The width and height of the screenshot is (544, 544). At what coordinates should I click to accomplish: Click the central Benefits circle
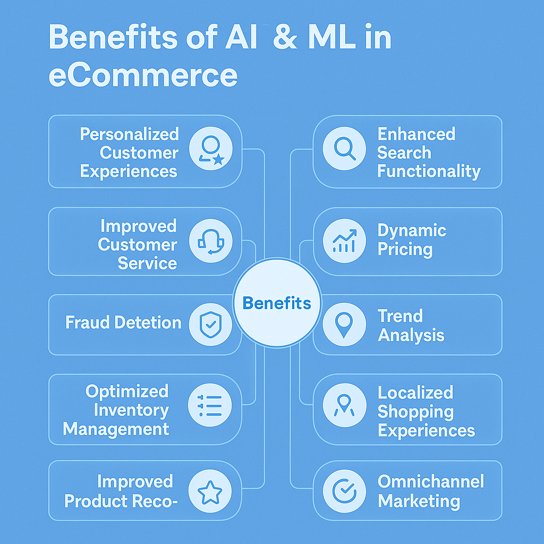277,302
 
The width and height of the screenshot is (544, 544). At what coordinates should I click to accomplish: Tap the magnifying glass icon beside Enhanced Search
344,148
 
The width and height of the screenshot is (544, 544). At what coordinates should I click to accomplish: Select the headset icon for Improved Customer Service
210,241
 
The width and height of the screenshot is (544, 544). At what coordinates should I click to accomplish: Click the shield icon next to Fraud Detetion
210,325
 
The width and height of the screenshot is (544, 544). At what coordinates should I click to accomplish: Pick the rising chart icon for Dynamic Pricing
344,241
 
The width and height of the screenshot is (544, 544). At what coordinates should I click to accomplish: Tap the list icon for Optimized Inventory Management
209,405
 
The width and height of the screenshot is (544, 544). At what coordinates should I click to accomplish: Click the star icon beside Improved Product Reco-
210,491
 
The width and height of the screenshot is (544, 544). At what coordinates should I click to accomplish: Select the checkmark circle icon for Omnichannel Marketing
344,491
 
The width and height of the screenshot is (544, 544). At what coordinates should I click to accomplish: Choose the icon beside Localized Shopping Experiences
344,405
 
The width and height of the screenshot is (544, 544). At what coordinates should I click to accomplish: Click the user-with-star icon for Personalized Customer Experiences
211,149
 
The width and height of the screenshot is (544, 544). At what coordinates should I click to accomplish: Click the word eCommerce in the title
143,74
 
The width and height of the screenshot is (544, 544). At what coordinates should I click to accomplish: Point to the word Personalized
130,134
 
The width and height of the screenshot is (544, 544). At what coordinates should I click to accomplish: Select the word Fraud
88,322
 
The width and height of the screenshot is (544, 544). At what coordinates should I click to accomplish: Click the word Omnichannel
430,481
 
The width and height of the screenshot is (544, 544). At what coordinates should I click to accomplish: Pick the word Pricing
405,249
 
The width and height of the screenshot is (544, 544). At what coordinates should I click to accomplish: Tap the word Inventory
131,411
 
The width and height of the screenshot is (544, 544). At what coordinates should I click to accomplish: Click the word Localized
415,393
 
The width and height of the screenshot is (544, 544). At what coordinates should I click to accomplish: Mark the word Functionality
429,172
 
